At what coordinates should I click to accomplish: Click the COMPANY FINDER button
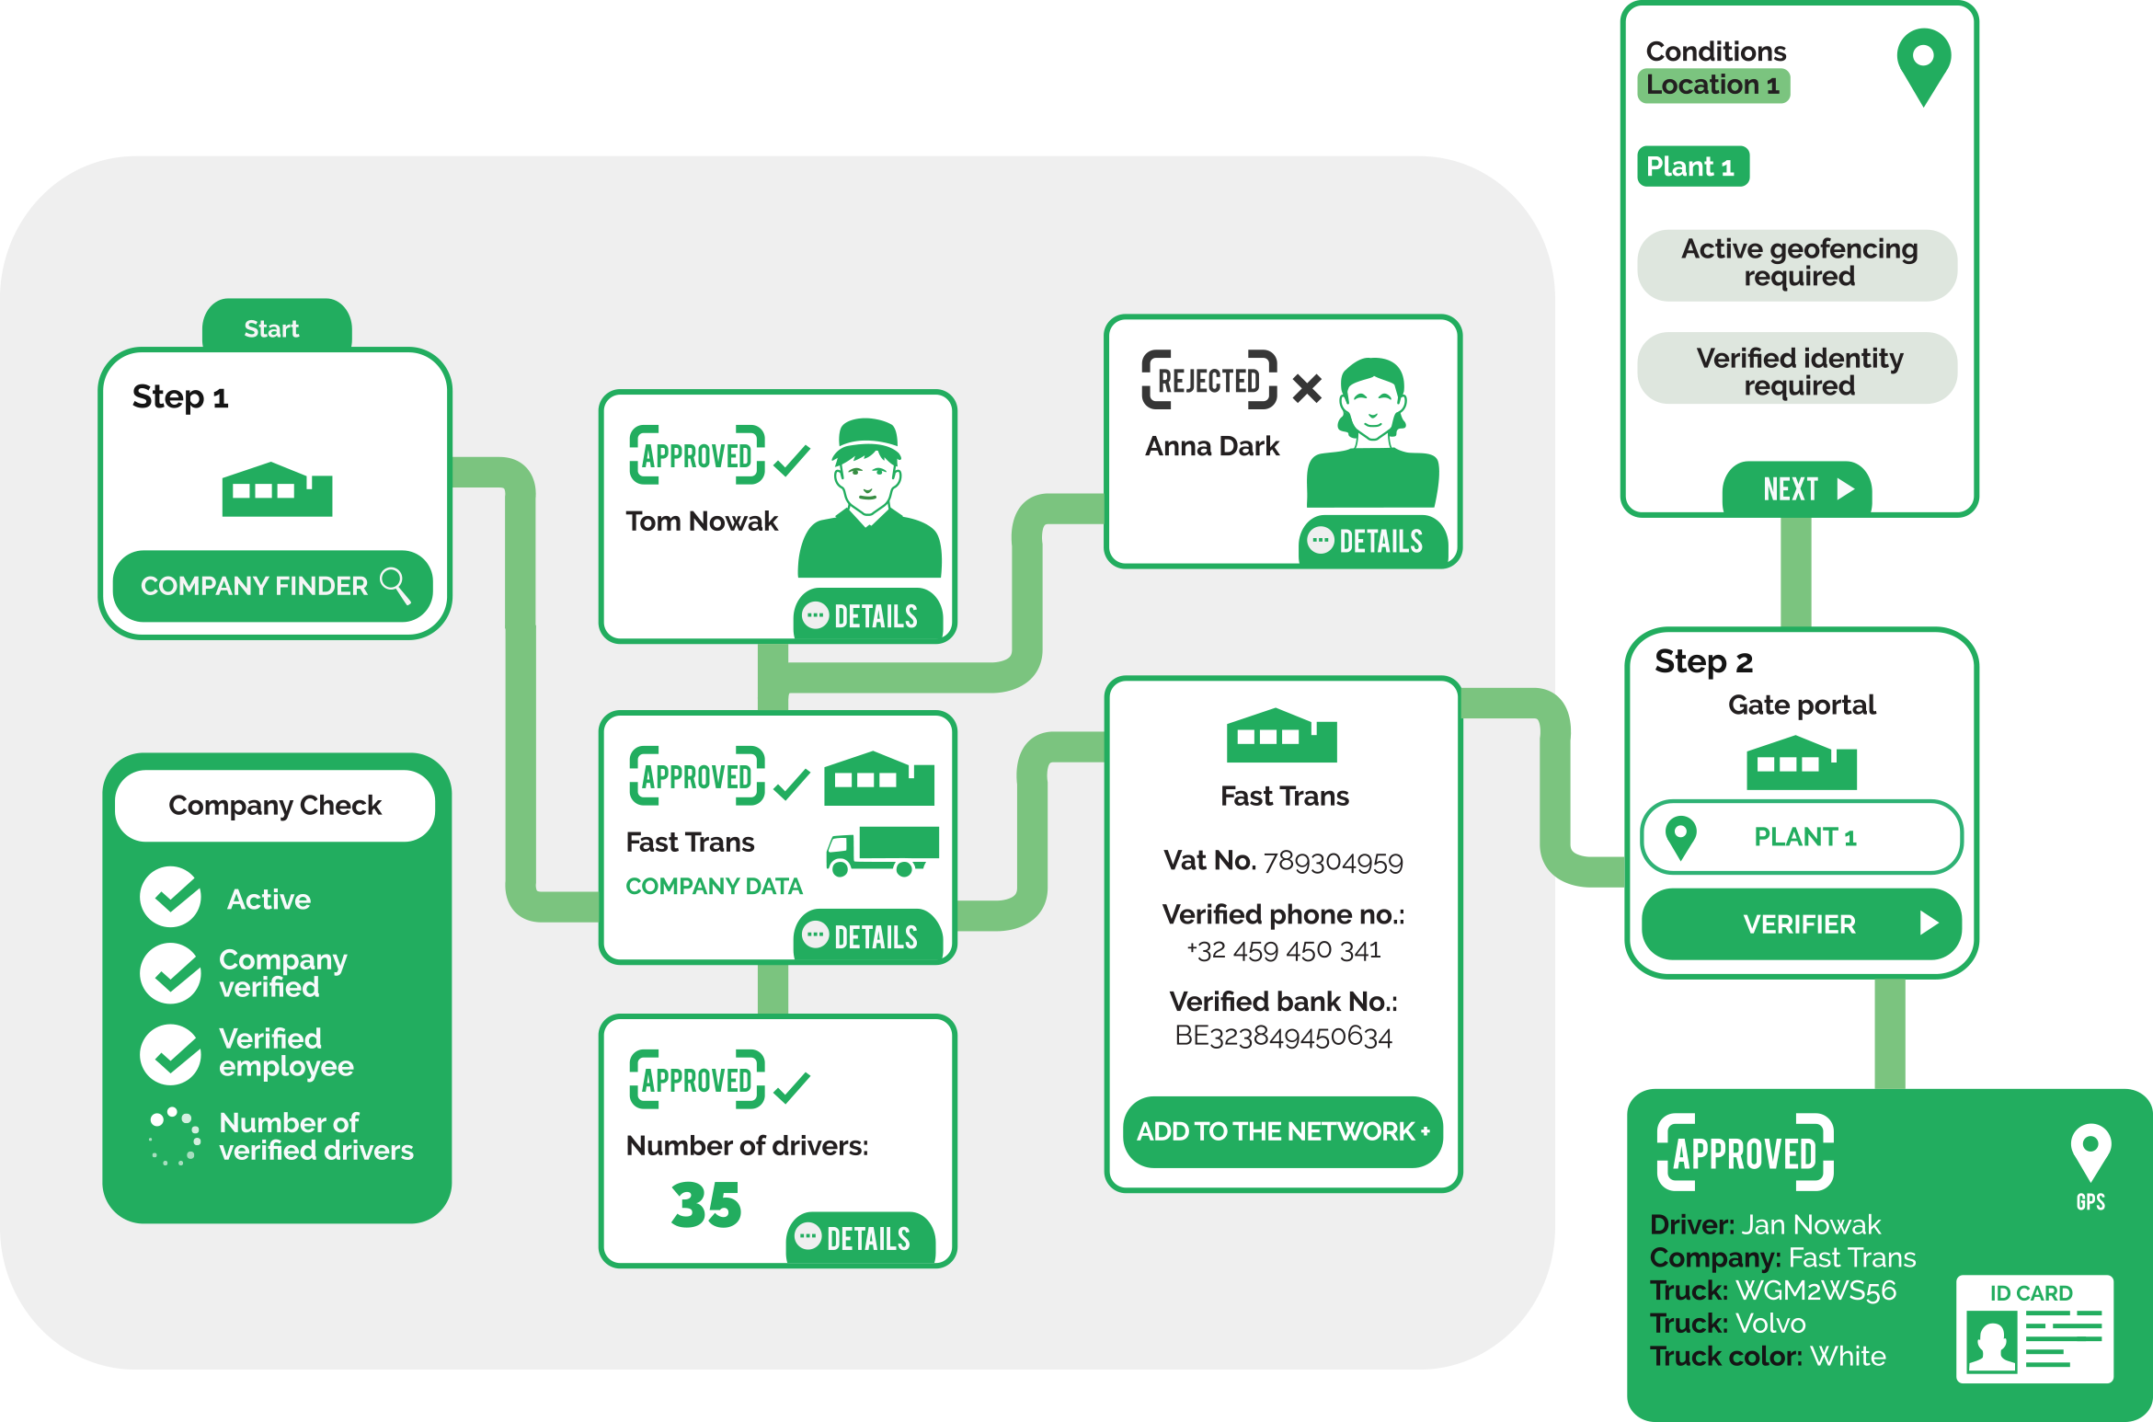(272, 586)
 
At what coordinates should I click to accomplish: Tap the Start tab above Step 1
(272, 328)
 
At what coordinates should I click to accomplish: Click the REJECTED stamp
(1209, 380)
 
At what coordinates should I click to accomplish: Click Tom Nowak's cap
(868, 433)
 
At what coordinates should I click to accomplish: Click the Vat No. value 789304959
(1333, 862)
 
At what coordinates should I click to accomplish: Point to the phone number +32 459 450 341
(1284, 950)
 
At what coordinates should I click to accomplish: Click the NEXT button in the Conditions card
(1799, 488)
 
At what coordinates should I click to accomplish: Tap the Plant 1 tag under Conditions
(1692, 166)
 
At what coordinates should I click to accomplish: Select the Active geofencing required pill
(1798, 263)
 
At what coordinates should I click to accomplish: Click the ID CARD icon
(2034, 1329)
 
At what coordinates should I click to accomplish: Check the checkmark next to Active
(171, 897)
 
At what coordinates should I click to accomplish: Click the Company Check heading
(274, 806)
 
